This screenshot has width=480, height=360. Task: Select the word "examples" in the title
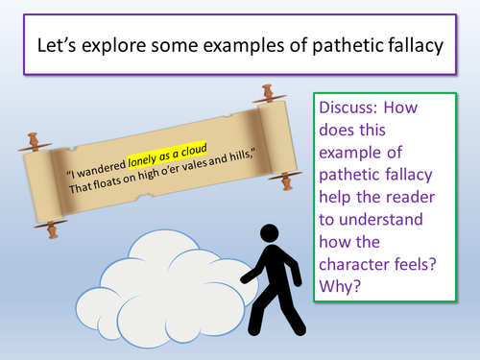click(251, 44)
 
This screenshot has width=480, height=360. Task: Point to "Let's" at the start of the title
click(59, 44)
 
